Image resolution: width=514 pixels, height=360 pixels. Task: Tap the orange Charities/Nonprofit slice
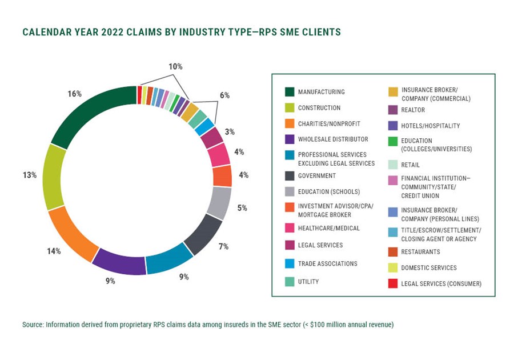tap(71, 234)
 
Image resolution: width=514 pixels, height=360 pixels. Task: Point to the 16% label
tap(75, 94)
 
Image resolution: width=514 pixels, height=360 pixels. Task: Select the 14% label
tap(54, 250)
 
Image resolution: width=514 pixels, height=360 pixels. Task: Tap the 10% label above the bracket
tap(175, 67)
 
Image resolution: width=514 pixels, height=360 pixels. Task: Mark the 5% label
tap(242, 208)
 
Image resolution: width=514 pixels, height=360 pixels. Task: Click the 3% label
tap(230, 132)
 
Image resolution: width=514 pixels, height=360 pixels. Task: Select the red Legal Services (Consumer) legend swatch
tap(393, 283)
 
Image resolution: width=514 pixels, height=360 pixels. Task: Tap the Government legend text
tap(317, 176)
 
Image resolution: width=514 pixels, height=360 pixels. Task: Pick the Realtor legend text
tap(413, 110)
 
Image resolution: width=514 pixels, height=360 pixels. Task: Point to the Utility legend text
tap(308, 282)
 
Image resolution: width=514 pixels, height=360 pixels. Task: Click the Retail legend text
tap(411, 165)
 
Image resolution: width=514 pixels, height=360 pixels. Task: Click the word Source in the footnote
tap(34, 325)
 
